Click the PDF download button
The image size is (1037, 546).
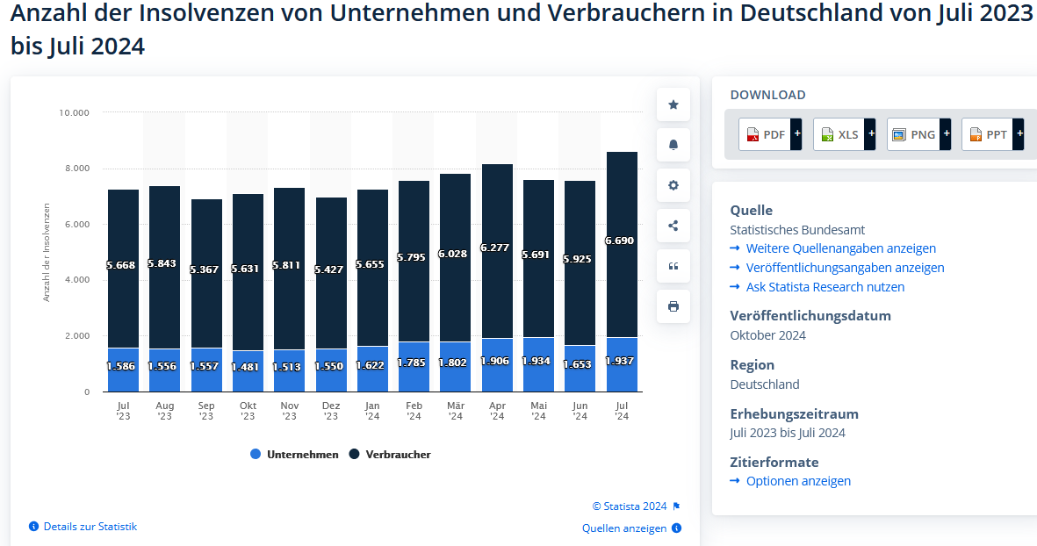point(765,134)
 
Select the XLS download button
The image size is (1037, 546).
point(839,134)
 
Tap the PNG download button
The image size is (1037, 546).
point(913,134)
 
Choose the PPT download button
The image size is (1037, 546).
point(988,134)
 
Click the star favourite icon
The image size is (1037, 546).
point(673,104)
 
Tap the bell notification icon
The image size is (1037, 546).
point(673,145)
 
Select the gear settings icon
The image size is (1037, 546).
point(673,185)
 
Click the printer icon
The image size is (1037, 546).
point(673,306)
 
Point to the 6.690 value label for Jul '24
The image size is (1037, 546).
point(619,241)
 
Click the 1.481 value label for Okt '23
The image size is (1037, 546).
point(248,367)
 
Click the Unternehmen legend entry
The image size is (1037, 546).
point(295,455)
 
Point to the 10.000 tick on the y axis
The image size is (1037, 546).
point(74,112)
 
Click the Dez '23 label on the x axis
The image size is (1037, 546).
point(331,411)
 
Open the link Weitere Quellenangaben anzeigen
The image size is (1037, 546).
point(840,248)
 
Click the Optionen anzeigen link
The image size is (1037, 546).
point(797,481)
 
